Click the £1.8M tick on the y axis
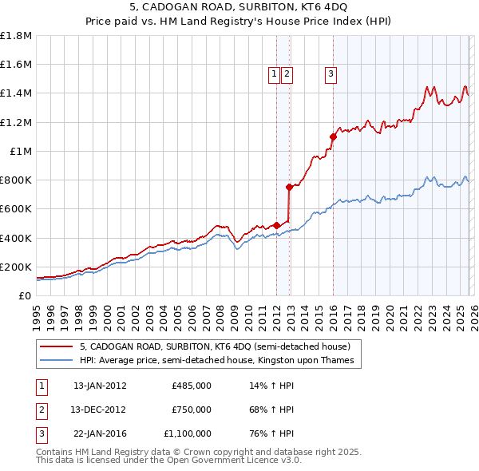[x=16, y=36]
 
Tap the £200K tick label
[x=16, y=267]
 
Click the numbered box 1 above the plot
[x=274, y=74]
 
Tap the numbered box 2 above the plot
[x=286, y=74]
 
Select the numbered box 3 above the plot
[x=330, y=74]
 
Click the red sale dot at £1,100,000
[x=333, y=137]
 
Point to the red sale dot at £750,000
[x=290, y=187]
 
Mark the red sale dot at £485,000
[x=276, y=225]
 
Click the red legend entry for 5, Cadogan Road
[x=215, y=347]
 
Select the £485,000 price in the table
[x=192, y=386]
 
